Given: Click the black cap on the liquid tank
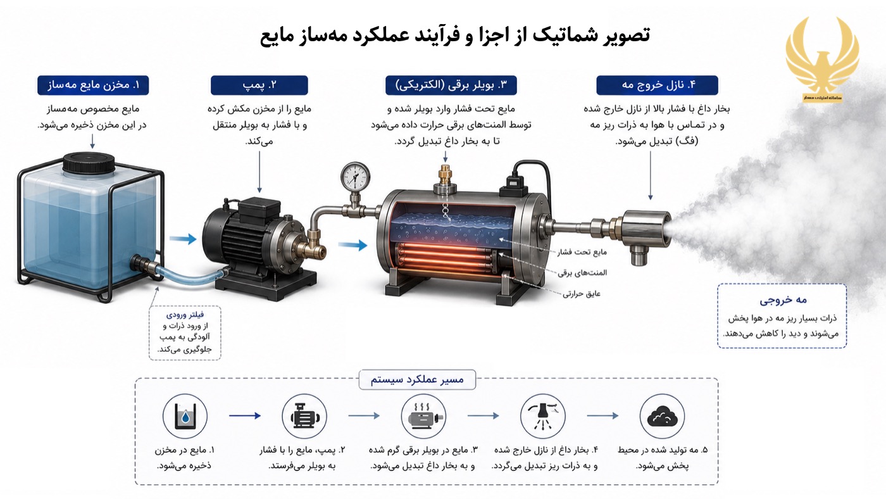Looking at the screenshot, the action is (x=89, y=163).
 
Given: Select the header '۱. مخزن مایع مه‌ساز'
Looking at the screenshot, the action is (x=94, y=85).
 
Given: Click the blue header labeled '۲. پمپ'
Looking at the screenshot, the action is (x=259, y=85).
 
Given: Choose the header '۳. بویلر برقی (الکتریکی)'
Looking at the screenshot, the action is (x=451, y=85).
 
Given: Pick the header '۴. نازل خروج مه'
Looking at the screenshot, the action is (x=657, y=85).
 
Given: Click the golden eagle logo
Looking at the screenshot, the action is (x=822, y=60).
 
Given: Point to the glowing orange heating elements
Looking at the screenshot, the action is (x=446, y=256).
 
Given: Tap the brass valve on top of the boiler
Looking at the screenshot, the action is (x=446, y=178).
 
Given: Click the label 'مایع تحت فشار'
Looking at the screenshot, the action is (x=582, y=252).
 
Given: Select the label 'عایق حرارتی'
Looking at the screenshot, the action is (x=582, y=294).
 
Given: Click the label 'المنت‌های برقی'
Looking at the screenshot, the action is (x=582, y=273).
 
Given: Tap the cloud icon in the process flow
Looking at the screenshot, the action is (x=662, y=416).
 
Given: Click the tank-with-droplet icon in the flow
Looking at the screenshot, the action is (x=185, y=416).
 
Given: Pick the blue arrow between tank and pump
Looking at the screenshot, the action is (x=183, y=239).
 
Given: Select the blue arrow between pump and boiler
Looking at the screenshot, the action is (x=353, y=244).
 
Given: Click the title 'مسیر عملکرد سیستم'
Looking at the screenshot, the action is (x=417, y=380).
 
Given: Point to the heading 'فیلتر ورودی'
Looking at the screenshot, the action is (x=185, y=315).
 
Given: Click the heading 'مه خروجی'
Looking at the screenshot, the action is (x=783, y=300).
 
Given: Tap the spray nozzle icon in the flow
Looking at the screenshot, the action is (x=543, y=416).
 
